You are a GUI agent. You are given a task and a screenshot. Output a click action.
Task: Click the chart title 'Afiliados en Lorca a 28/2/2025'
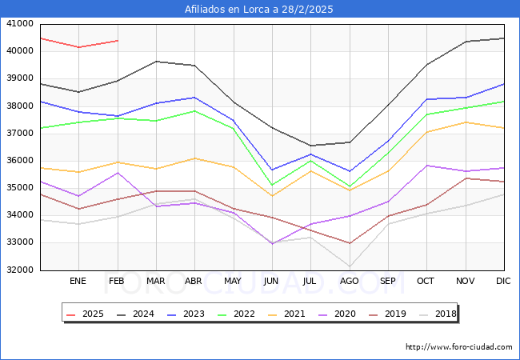click(x=259, y=10)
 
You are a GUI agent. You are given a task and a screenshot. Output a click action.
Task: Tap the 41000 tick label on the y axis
click(x=18, y=24)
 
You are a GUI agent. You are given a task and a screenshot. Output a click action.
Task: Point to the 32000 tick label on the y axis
click(x=18, y=270)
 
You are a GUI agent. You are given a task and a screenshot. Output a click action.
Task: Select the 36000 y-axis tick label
click(x=18, y=161)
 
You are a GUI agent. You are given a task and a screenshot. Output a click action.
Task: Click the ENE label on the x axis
click(x=78, y=281)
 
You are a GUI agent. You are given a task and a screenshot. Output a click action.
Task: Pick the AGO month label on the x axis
click(x=350, y=281)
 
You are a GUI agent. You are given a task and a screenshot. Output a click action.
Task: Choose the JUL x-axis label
click(x=310, y=281)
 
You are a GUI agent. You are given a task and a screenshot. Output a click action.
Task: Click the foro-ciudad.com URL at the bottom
click(x=458, y=347)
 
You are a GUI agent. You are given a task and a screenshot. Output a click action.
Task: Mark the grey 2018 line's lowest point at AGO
click(x=350, y=266)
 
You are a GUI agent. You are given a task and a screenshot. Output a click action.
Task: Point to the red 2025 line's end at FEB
click(x=118, y=41)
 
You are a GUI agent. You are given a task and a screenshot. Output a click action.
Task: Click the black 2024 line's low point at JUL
click(x=310, y=146)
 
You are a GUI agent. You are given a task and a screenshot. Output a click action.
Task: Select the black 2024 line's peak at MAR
click(x=156, y=62)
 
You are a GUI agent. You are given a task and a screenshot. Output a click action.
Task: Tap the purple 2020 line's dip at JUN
click(x=272, y=243)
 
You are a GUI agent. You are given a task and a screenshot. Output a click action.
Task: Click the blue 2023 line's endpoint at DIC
click(x=504, y=84)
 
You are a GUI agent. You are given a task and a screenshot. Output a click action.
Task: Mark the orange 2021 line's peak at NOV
click(x=466, y=122)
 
